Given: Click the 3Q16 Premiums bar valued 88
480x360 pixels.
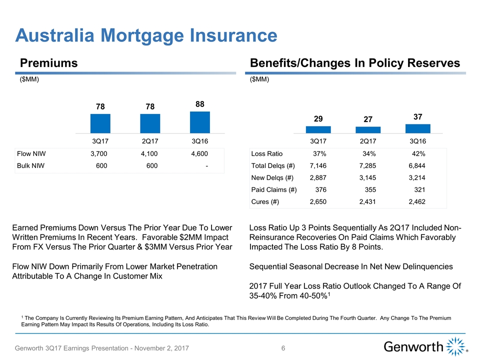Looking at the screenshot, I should click(200, 122).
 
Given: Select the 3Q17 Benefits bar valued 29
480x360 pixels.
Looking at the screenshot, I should click(318, 129).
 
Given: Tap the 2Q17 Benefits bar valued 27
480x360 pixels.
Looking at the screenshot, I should click(368, 130).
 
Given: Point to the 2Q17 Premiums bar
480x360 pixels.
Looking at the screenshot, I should click(150, 123).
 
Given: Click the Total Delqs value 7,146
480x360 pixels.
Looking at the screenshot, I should click(319, 165).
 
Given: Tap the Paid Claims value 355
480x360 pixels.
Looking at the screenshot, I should click(370, 190).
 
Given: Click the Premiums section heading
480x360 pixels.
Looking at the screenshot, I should click(49, 63).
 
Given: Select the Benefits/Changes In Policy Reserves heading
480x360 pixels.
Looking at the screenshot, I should click(354, 63).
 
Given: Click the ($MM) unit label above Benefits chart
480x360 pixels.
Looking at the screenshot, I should click(258, 79).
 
